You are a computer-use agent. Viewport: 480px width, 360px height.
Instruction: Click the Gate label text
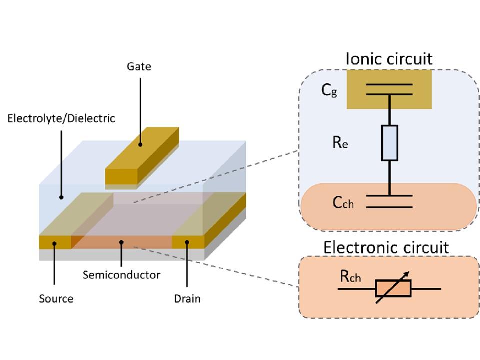point(139,66)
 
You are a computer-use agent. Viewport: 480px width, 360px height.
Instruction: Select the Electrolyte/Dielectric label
point(61,118)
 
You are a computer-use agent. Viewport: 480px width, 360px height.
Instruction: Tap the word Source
point(56,299)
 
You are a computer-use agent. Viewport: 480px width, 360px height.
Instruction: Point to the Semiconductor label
point(121,275)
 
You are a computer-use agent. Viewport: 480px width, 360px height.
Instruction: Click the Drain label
point(187,299)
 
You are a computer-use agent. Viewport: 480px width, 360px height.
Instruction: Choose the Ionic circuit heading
point(389,59)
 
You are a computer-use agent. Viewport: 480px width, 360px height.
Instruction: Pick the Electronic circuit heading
point(386,247)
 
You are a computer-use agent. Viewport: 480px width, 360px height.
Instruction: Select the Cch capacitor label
point(343,203)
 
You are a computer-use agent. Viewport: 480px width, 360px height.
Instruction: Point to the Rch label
point(350,278)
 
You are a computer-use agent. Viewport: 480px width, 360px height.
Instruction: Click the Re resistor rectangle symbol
point(389,143)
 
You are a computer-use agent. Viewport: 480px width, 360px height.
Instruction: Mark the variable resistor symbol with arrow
point(393,288)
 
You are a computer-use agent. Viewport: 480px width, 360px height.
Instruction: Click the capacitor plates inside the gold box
point(389,89)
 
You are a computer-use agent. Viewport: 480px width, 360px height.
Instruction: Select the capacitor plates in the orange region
point(389,201)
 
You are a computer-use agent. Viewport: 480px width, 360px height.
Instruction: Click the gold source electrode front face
point(55,242)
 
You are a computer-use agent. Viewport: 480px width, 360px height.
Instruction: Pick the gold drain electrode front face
point(188,242)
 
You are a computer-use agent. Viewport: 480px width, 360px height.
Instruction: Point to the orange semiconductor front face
point(122,242)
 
